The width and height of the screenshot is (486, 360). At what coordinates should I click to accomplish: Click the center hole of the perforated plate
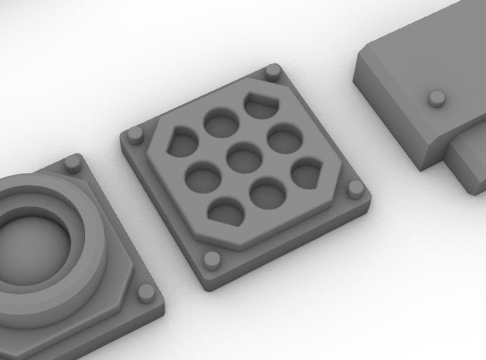click(x=244, y=157)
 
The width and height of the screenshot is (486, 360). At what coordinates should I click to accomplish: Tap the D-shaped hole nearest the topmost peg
click(x=261, y=105)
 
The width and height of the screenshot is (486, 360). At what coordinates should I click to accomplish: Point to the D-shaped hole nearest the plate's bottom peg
click(x=227, y=211)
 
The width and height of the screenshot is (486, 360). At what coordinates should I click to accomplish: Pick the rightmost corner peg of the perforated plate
click(x=355, y=188)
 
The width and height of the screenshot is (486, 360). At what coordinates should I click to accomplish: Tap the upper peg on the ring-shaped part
click(x=73, y=163)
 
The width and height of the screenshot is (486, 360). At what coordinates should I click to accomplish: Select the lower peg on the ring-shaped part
click(x=146, y=292)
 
